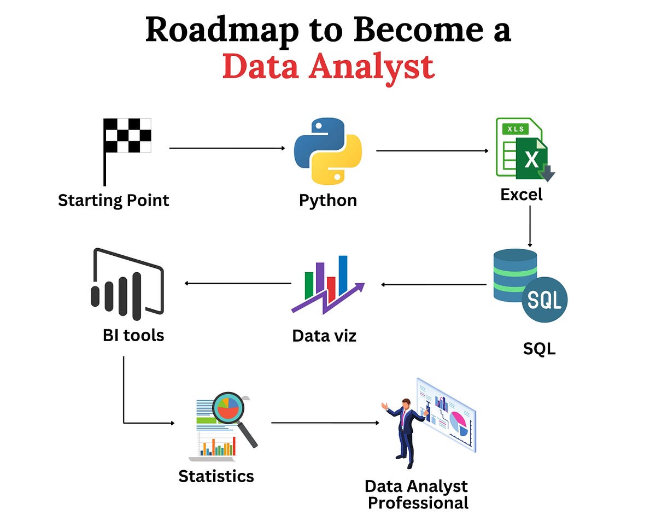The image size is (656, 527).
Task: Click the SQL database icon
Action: [528, 285]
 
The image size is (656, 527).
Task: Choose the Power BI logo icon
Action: [127, 285]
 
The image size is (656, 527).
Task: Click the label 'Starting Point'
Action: [114, 200]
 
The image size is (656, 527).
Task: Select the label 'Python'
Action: [328, 200]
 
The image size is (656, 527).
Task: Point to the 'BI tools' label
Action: [133, 335]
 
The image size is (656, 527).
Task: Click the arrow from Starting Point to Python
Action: [227, 148]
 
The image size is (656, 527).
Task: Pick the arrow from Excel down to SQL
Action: [529, 226]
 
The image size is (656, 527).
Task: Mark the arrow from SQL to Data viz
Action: [434, 284]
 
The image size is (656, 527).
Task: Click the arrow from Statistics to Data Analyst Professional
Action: [325, 423]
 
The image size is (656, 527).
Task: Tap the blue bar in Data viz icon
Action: [343, 275]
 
